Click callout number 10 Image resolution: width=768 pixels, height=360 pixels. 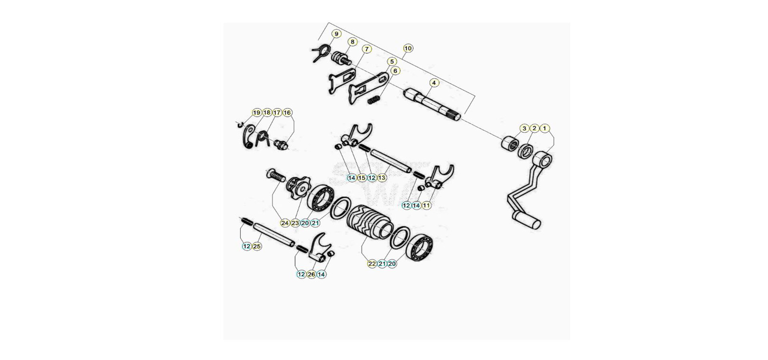pos(408,48)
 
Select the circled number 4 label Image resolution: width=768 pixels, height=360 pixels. pos(434,83)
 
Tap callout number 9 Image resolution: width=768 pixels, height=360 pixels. pos(336,34)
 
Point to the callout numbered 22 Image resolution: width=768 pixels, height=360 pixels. pos(372,264)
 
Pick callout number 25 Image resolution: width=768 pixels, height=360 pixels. pos(257,246)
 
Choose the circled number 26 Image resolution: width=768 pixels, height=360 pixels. pos(311,274)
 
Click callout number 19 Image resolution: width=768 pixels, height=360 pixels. pos(257,113)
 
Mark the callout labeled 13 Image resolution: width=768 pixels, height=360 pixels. pos(382,178)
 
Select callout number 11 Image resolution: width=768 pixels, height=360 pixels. pos(426,206)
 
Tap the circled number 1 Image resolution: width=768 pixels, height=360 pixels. pos(544,128)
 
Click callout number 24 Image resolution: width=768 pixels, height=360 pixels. pos(285,223)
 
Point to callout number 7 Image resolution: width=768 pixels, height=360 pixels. pos(366,49)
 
